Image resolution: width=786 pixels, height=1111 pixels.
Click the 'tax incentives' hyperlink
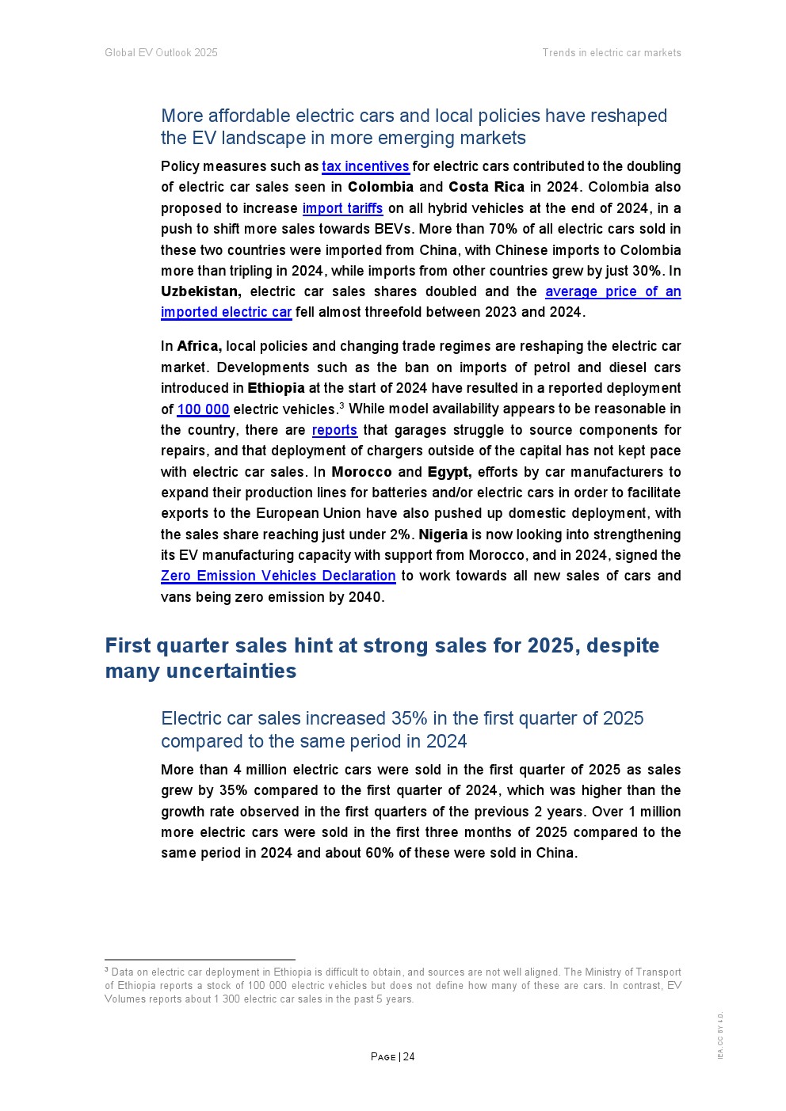point(365,166)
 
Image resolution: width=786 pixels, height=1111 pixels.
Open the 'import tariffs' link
point(342,208)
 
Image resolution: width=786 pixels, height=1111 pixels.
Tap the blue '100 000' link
point(203,409)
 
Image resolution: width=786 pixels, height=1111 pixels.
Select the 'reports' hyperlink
point(334,430)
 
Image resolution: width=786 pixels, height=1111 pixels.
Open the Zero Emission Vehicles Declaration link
point(278,576)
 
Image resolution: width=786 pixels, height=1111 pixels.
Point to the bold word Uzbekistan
point(200,291)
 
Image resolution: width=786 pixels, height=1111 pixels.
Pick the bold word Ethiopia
point(276,388)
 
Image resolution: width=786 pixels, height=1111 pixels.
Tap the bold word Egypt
point(449,472)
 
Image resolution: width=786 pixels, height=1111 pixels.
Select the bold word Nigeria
point(443,535)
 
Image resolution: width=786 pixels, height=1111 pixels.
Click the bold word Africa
point(198,346)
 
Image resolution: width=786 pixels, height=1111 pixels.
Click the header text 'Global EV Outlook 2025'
point(161,53)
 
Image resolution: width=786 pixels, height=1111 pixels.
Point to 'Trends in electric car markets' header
point(612,53)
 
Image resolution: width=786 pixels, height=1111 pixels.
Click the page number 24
point(409,1057)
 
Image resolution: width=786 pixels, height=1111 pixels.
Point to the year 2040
point(365,597)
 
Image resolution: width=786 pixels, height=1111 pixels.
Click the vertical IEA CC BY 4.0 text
point(720,1036)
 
